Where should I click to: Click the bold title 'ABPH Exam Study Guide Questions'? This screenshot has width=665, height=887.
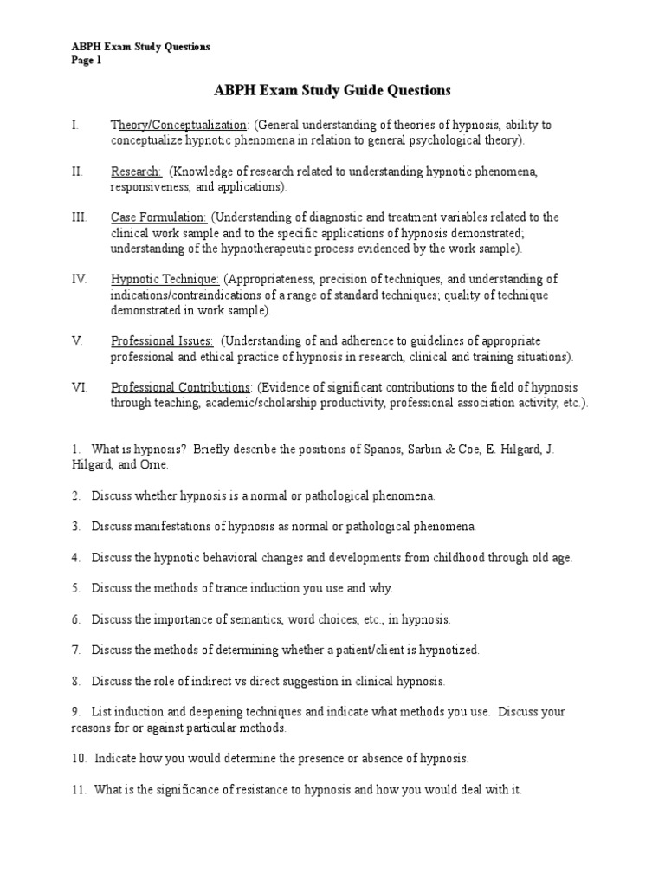point(332,90)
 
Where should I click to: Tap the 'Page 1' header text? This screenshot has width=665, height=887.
point(87,61)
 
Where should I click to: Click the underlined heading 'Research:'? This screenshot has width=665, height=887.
point(136,172)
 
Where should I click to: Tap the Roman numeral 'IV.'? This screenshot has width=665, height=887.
point(78,279)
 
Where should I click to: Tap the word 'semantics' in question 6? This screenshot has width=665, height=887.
point(249,619)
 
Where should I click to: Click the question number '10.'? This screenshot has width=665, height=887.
point(80,759)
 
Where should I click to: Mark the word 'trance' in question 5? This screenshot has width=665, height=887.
point(223,588)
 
